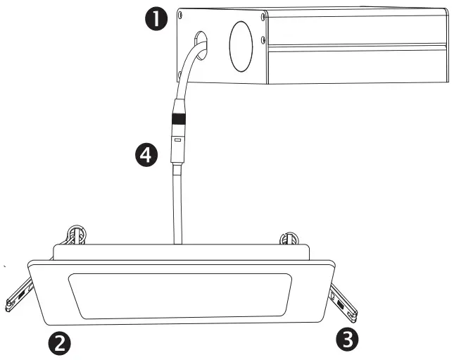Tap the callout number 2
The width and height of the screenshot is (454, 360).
click(x=58, y=343)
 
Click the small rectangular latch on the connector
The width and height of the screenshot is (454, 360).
click(x=177, y=141)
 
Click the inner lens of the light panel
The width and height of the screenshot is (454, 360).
click(x=179, y=292)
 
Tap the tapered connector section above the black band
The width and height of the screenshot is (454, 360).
click(x=177, y=106)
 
